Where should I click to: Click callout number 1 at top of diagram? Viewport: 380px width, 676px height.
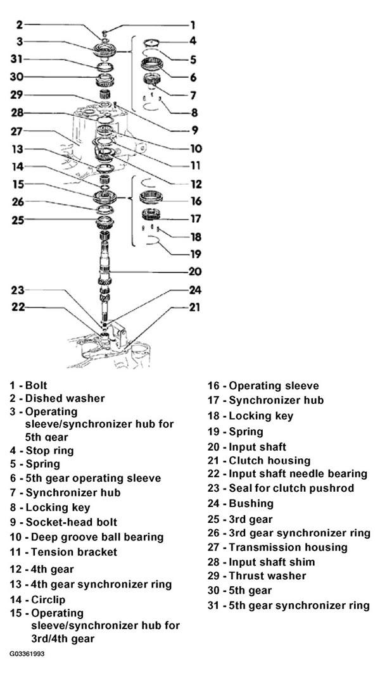193,25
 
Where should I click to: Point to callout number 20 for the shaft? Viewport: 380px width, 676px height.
196,272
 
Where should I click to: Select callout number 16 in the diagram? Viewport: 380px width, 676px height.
196,201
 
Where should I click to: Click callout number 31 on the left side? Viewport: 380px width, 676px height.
16,59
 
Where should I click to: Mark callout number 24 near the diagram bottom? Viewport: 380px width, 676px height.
196,290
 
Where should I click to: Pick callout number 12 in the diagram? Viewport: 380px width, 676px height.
196,184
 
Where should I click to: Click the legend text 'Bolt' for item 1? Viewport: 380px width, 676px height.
36,385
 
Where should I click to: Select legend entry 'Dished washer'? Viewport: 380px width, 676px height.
65,398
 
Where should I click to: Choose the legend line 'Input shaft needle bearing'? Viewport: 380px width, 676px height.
298,474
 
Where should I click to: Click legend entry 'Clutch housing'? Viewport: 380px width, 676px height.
270,460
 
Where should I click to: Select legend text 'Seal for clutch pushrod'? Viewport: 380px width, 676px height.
291,488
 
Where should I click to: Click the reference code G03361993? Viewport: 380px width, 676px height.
27,654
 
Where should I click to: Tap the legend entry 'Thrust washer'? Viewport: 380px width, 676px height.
267,575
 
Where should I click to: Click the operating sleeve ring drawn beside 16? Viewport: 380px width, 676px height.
152,198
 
